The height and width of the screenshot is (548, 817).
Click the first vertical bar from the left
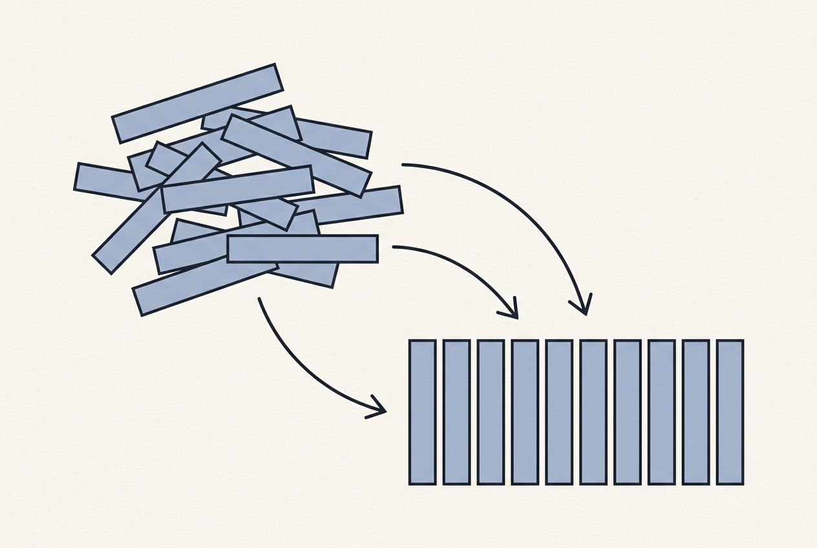point(422,412)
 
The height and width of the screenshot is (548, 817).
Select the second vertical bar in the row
point(456,412)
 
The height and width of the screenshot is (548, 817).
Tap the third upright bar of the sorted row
point(491,412)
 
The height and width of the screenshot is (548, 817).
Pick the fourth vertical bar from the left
point(525,412)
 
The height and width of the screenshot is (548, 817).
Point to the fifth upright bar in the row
point(559,412)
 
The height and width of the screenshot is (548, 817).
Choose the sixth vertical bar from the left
point(593,412)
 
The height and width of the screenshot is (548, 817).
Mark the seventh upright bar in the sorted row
point(627,412)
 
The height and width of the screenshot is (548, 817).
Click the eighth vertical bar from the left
point(661,412)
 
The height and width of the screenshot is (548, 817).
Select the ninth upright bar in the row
point(695,412)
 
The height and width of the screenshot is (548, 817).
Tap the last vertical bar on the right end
point(730,412)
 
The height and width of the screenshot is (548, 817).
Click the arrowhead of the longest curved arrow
point(584,310)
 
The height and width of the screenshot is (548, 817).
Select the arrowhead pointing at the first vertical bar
point(381,410)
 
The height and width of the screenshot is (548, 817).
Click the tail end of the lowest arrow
point(259,299)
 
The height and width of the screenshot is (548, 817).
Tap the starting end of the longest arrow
point(403,165)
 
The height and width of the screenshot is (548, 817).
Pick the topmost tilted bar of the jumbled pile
point(198,103)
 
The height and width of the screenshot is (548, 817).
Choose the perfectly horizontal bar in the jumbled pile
point(302,249)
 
